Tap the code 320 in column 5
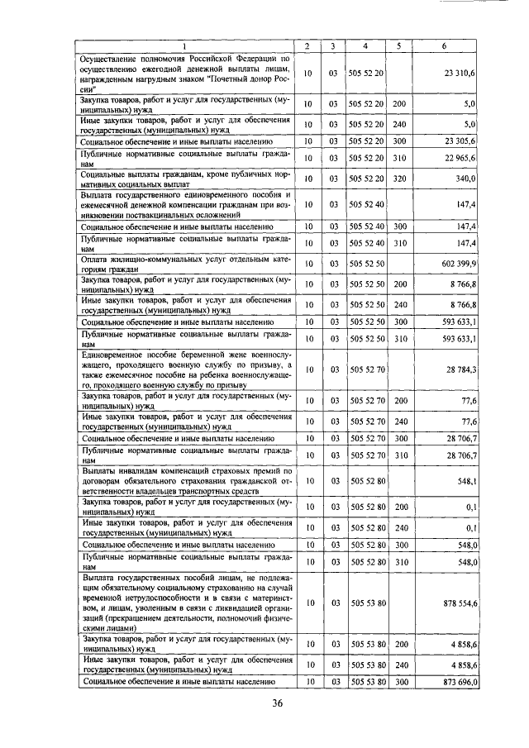point(399,178)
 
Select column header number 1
point(183,45)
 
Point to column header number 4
point(365,45)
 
